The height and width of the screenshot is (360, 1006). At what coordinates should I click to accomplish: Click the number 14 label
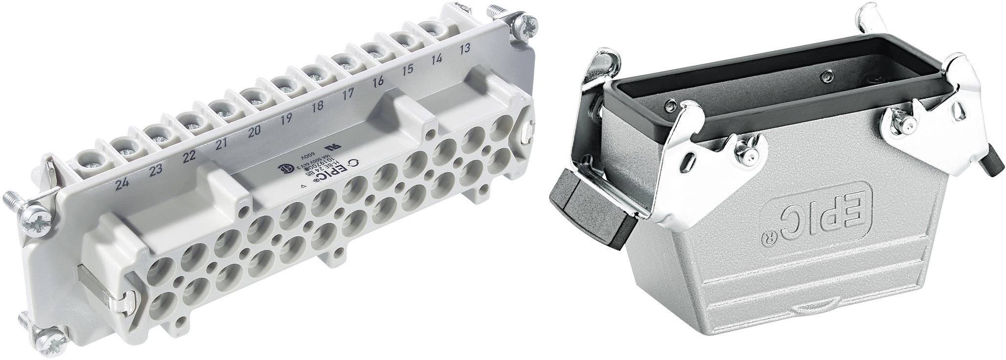[437, 59]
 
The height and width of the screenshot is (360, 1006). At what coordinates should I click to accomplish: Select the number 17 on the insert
[347, 94]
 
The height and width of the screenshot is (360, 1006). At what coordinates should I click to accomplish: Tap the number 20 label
[254, 131]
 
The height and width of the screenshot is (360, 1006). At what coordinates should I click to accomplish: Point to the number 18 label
[317, 106]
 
